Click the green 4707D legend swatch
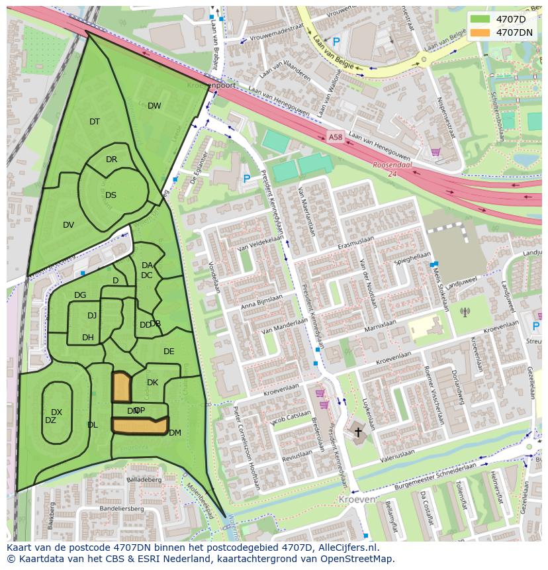coord(480,19)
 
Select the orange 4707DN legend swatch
coord(480,32)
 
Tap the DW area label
coord(154,106)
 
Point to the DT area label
coord(95,122)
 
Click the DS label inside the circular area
coord(111,195)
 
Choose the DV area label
coord(68,225)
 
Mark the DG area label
coord(80,295)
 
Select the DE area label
coord(169,352)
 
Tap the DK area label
coord(152,383)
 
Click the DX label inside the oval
coord(56,412)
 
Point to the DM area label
coord(175,434)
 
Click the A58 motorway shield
coord(335,137)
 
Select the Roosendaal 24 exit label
coord(392,169)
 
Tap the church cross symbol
coord(358,432)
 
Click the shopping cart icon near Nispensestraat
coord(435,152)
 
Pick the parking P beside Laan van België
coord(336,42)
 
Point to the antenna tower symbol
coord(465,311)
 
